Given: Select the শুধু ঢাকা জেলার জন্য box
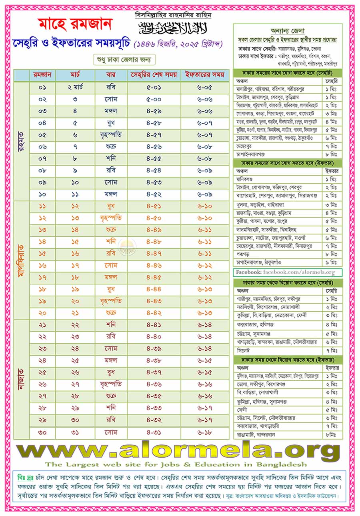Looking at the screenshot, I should pyautogui.click(x=124, y=60).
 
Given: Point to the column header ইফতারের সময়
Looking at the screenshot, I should pyautogui.click(x=204, y=75).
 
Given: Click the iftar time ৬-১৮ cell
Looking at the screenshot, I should pyautogui.click(x=204, y=432).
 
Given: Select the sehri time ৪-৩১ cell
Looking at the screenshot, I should pyautogui.click(x=154, y=432).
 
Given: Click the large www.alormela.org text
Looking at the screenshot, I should pyautogui.click(x=178, y=450).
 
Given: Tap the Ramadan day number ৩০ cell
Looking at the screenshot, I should pyautogui.click(x=42, y=432).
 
